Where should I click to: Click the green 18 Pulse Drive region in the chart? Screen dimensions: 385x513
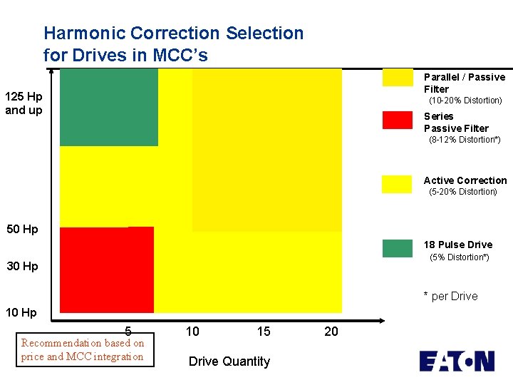(108, 107)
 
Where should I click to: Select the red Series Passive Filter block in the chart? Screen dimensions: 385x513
(107, 269)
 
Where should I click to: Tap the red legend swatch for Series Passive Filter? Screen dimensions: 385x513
(397, 120)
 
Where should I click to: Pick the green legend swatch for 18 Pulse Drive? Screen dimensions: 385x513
(397, 248)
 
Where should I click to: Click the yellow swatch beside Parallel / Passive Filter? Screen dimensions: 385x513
(397, 77)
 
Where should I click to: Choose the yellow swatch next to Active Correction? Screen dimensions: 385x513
(397, 184)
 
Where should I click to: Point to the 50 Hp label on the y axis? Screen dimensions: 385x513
(22, 230)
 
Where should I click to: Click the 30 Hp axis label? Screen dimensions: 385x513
(22, 267)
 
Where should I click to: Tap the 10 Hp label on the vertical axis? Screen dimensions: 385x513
(22, 313)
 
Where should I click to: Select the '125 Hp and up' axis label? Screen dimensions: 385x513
(24, 103)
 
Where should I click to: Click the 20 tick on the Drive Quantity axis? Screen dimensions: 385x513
(331, 332)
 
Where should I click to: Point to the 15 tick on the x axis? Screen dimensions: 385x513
(264, 332)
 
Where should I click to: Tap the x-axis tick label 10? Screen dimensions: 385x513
(192, 332)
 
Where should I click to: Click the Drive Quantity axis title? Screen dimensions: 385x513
(229, 361)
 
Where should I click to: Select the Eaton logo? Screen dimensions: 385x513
(456, 361)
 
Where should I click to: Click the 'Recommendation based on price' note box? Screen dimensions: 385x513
(83, 349)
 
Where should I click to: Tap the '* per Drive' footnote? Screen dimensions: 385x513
(450, 297)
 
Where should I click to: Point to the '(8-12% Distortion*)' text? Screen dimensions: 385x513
(465, 140)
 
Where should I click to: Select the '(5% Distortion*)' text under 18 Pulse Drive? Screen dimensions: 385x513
(459, 257)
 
